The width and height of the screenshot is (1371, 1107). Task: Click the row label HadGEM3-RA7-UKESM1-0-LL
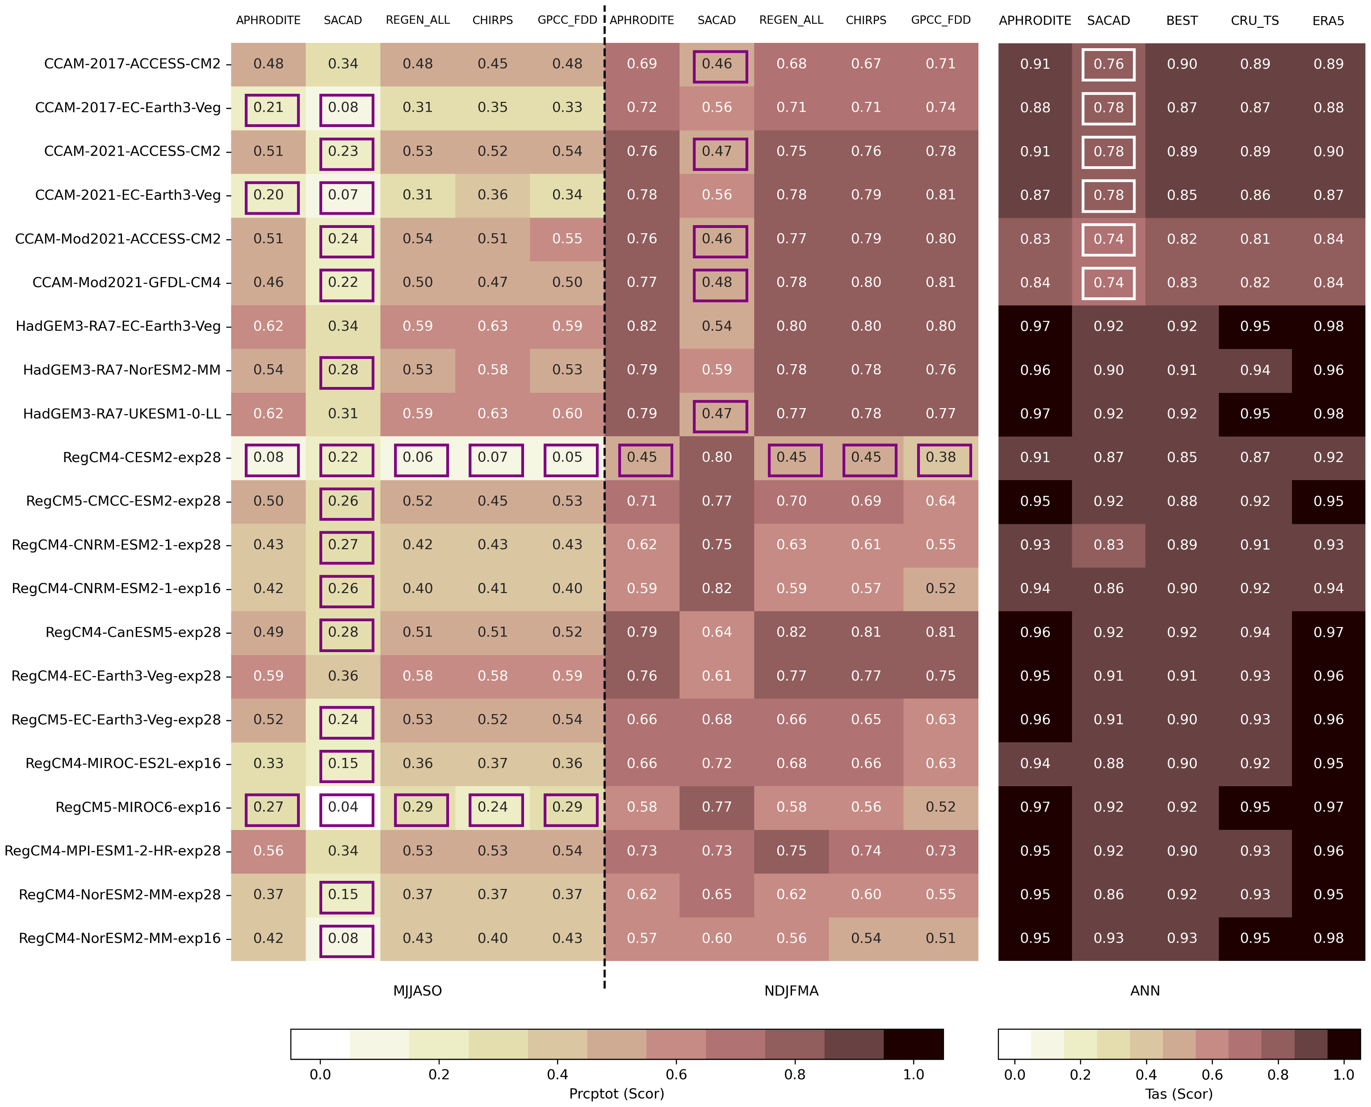click(x=122, y=414)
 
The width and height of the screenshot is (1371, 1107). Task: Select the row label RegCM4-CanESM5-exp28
click(x=133, y=632)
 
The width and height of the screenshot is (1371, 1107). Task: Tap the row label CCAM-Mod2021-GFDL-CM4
click(x=127, y=282)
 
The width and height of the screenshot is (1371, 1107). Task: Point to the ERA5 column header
click(x=1328, y=21)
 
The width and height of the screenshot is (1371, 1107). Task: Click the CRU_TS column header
click(x=1255, y=21)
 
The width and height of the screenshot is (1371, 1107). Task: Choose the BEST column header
click(x=1182, y=21)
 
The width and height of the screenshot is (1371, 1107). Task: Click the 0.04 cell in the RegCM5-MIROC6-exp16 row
click(x=343, y=807)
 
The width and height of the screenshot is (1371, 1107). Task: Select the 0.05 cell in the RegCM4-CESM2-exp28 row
click(x=567, y=457)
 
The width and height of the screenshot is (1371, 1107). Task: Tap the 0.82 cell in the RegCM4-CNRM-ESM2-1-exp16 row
click(x=717, y=589)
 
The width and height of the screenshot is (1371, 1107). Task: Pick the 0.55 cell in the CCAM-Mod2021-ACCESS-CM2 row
click(x=567, y=239)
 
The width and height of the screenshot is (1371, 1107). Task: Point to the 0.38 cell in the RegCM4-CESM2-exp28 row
click(x=941, y=457)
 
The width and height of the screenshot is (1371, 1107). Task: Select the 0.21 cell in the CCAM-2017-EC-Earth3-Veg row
click(x=268, y=108)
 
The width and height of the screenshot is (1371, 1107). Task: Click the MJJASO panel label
click(x=418, y=991)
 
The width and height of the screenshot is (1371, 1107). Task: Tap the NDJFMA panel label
click(x=791, y=991)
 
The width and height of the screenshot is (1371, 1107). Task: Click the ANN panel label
click(x=1145, y=991)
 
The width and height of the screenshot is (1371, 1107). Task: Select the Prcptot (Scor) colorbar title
click(x=616, y=1094)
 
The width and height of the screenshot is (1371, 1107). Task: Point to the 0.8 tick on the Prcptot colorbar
click(x=795, y=1074)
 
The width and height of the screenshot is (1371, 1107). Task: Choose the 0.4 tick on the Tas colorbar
click(x=1146, y=1074)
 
